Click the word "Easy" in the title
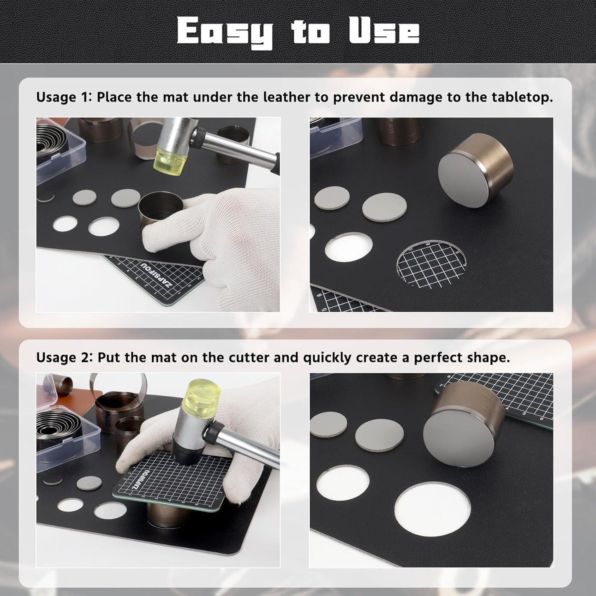(225, 32)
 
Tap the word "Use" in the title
(384, 31)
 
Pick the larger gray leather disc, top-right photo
(384, 207)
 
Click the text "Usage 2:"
(64, 358)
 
